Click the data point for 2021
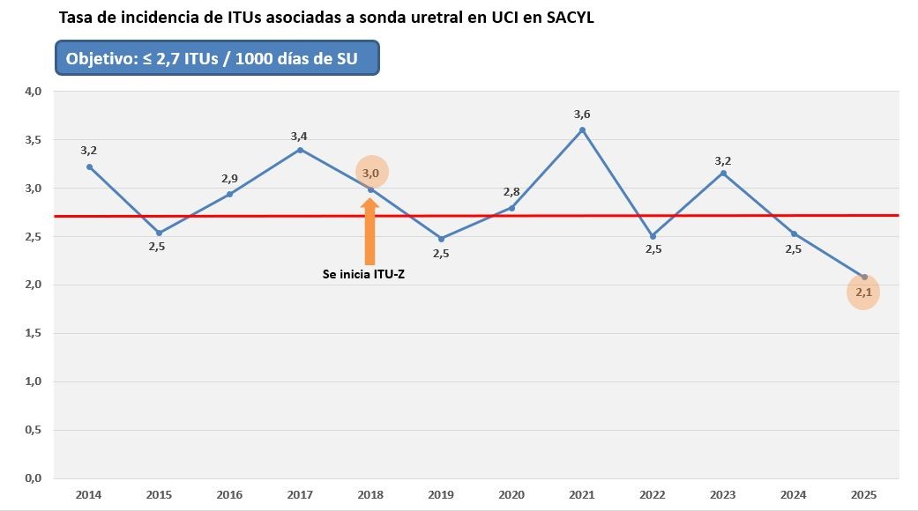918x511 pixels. pyautogui.click(x=582, y=130)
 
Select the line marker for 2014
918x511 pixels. pyautogui.click(x=89, y=167)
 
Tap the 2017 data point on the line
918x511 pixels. pyautogui.click(x=300, y=150)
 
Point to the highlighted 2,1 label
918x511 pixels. pyautogui.click(x=863, y=293)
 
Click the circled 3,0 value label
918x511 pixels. pyautogui.click(x=371, y=172)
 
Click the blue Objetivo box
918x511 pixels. pyautogui.click(x=217, y=58)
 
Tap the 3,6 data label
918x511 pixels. pyautogui.click(x=582, y=115)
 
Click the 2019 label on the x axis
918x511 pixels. pyautogui.click(x=441, y=495)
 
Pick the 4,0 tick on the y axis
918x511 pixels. pyautogui.click(x=33, y=91)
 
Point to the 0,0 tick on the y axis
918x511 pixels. pyautogui.click(x=33, y=478)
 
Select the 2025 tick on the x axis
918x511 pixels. pyautogui.click(x=863, y=495)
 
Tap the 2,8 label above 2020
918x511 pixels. pyautogui.click(x=511, y=192)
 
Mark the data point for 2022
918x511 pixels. pyautogui.click(x=653, y=236)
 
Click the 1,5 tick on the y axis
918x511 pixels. pyautogui.click(x=33, y=333)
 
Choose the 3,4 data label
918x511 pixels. pyautogui.click(x=300, y=136)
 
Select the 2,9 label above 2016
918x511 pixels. pyautogui.click(x=229, y=178)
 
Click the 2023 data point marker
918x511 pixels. pyautogui.click(x=723, y=173)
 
